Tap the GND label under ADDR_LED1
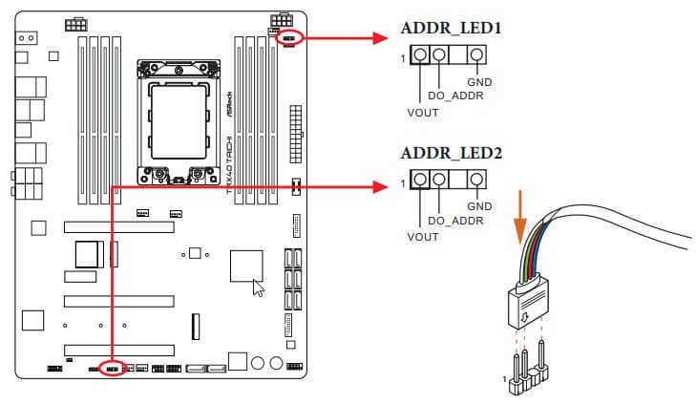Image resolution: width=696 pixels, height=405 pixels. [x=479, y=82]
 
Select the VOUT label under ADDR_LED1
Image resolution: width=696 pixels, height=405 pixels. [x=421, y=112]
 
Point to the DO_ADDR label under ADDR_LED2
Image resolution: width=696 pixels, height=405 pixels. [x=457, y=221]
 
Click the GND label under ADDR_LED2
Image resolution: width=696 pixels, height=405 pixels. [x=479, y=205]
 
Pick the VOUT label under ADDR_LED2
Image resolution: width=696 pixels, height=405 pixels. [x=421, y=236]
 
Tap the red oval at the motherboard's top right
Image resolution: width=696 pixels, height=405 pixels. [x=292, y=37]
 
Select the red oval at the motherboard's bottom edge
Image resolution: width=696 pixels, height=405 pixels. [x=112, y=368]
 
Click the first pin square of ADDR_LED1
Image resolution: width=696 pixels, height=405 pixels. [x=420, y=55]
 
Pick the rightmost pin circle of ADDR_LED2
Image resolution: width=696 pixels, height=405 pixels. [x=477, y=180]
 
